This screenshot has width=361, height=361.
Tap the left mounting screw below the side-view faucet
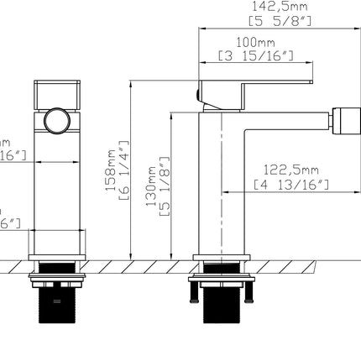pos(196,290)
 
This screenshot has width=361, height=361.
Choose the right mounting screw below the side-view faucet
pos(250,290)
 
